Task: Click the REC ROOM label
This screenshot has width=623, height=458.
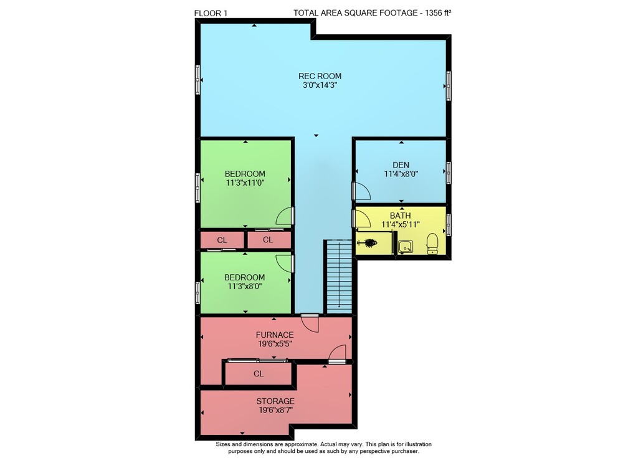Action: (320, 76)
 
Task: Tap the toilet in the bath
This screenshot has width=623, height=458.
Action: (432, 244)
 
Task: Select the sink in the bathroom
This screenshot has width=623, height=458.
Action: (406, 247)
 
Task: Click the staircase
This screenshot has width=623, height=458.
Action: (339, 276)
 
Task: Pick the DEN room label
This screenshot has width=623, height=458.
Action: (401, 165)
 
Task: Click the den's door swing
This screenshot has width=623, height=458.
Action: (362, 191)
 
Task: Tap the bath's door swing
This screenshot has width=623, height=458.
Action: (362, 218)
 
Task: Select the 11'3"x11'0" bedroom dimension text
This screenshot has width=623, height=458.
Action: (245, 183)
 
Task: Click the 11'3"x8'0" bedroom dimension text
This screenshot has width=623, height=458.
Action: (245, 286)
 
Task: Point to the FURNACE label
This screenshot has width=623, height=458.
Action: (275, 335)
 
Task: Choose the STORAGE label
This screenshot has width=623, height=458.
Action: (275, 401)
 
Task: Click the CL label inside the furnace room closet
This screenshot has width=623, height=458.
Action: (259, 374)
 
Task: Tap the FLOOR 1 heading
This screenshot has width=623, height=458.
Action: (211, 13)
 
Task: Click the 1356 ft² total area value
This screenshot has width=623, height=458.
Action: (438, 12)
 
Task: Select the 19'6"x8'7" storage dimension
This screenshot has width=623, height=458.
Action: (276, 410)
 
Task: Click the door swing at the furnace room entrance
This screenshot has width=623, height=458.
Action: (310, 323)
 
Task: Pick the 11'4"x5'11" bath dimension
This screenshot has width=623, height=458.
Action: (401, 224)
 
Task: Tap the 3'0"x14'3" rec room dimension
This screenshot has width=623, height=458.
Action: (320, 85)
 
